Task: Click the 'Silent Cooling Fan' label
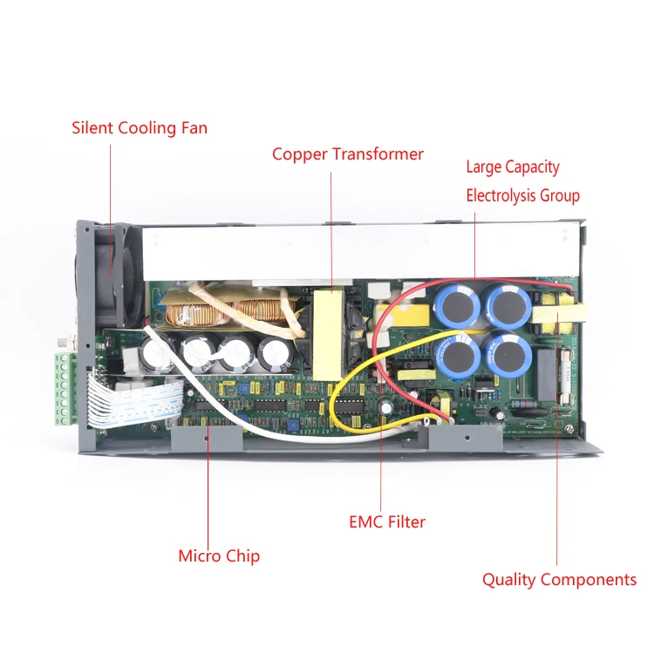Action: click(x=140, y=128)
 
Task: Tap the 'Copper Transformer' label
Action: click(x=347, y=154)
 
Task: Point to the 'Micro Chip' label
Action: click(x=219, y=555)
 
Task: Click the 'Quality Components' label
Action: click(x=559, y=579)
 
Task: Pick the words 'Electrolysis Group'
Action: click(x=521, y=195)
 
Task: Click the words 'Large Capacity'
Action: click(x=512, y=167)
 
